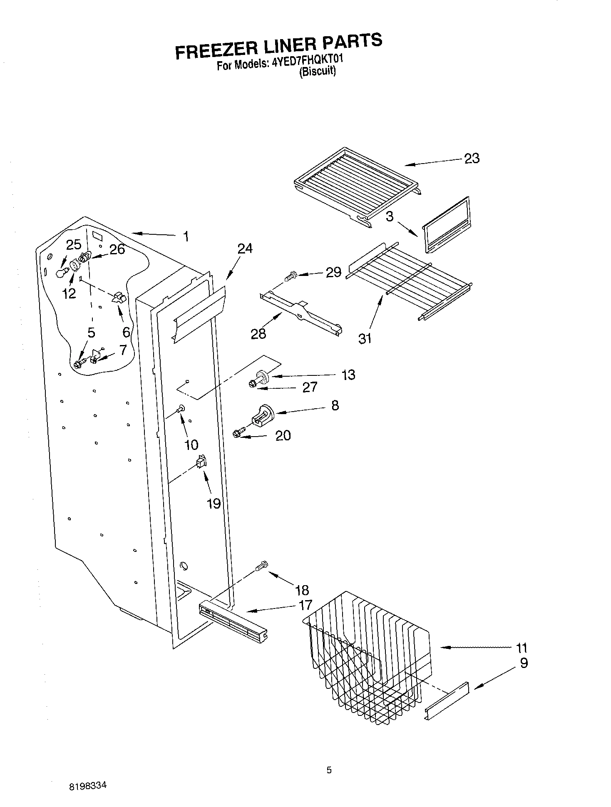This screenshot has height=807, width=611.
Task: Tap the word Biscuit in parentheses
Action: [x=318, y=72]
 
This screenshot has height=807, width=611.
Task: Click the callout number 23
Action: [x=472, y=159]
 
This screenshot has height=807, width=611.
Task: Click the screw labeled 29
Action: [x=290, y=275]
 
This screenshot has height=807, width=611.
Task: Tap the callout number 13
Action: [x=348, y=375]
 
